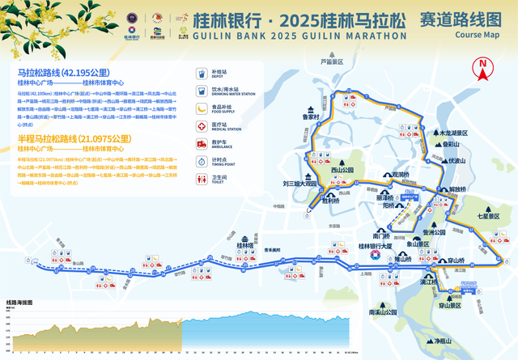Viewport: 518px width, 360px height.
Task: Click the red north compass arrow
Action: [483, 67]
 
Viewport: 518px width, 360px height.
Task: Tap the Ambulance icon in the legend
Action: [202, 143]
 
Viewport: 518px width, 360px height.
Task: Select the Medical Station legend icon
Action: [202, 125]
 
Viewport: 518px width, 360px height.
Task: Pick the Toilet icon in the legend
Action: [202, 179]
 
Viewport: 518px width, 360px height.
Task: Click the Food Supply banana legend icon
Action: [202, 108]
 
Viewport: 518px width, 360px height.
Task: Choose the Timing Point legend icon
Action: [202, 161]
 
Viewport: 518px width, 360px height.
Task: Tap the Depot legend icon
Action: [202, 73]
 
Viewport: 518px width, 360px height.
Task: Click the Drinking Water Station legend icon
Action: [202, 91]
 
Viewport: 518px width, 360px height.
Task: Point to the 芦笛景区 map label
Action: [331, 61]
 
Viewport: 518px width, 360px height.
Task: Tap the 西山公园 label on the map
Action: [343, 171]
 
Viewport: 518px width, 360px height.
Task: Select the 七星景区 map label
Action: [490, 216]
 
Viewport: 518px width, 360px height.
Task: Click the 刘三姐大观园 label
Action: [299, 184]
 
